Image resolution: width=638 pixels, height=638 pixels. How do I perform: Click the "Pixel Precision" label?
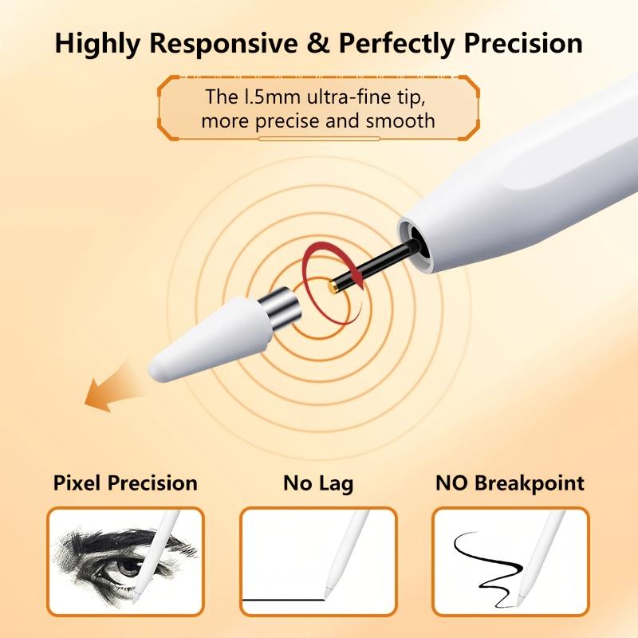(125, 482)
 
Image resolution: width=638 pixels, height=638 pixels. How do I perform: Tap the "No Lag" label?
(318, 482)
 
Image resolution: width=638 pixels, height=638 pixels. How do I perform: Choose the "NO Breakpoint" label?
(510, 482)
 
